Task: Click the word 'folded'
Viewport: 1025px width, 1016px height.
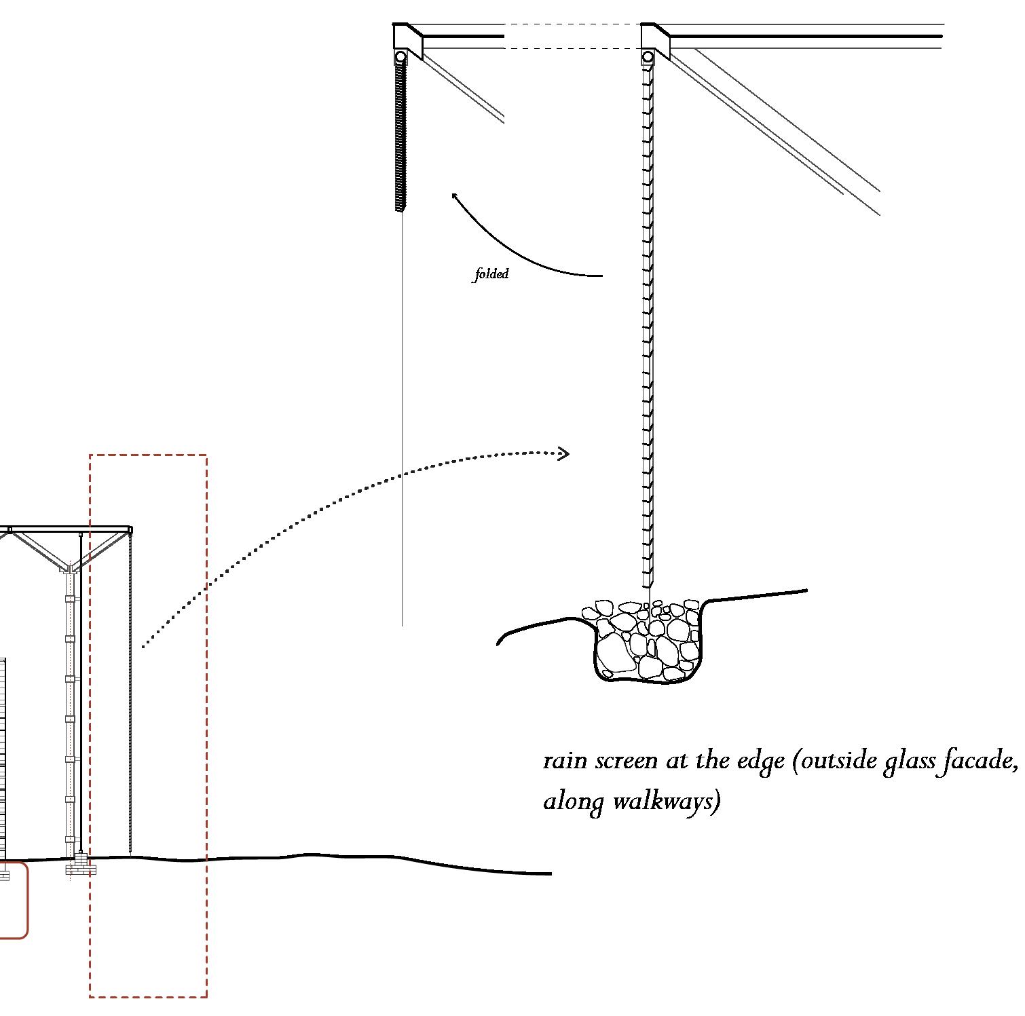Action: click(x=491, y=274)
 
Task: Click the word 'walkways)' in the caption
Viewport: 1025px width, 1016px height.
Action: click(x=666, y=802)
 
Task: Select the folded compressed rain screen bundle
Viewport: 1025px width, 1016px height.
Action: click(x=400, y=136)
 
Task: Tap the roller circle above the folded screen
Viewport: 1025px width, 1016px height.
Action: click(x=400, y=56)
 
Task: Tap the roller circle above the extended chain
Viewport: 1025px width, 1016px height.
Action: click(x=648, y=56)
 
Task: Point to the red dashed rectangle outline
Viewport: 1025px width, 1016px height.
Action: click(x=206, y=679)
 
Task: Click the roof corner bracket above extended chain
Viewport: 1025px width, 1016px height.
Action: click(x=656, y=38)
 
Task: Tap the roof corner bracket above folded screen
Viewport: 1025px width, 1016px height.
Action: click(x=408, y=38)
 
